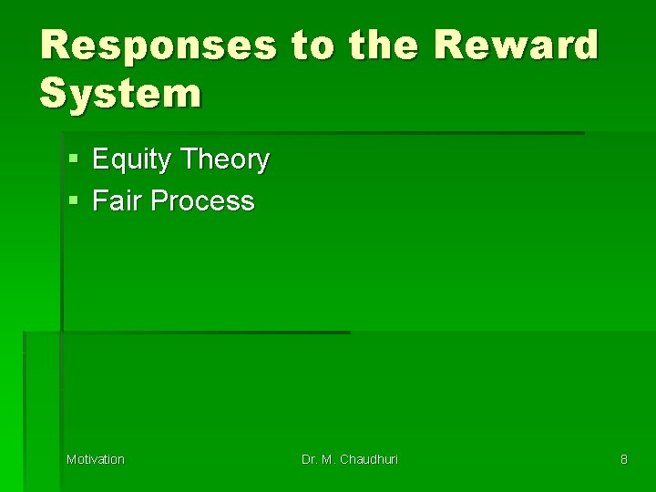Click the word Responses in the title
[157, 45]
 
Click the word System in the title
[120, 92]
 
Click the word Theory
[224, 160]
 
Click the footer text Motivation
[96, 459]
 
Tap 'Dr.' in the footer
[310, 459]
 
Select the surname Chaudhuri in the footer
[369, 459]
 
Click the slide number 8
[623, 459]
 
